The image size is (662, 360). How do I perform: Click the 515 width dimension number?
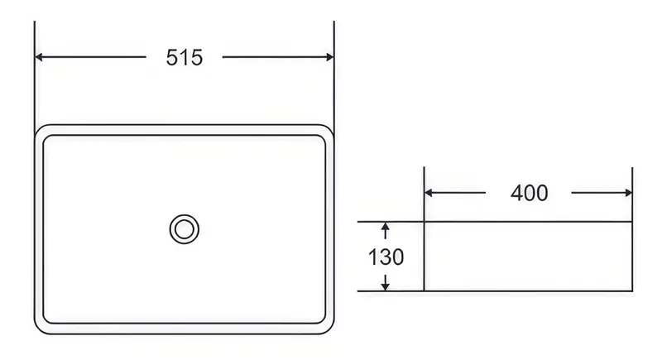pos(184,57)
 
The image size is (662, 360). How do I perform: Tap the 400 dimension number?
pos(529,194)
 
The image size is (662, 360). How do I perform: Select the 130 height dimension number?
pos(386,257)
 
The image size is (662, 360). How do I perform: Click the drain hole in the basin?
pos(184,229)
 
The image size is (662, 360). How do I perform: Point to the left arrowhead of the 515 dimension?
pos(39,57)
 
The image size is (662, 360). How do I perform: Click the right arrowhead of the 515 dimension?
pos(329,57)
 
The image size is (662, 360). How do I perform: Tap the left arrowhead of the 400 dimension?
pos(429,193)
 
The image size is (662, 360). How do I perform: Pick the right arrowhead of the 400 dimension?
pos(628,193)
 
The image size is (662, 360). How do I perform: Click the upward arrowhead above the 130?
pos(385,227)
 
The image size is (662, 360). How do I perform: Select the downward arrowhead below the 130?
pos(385,286)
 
